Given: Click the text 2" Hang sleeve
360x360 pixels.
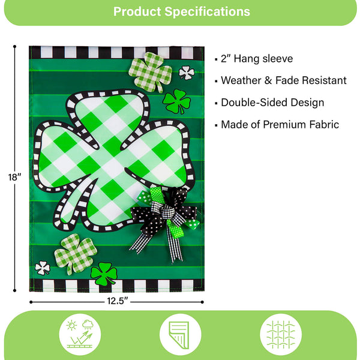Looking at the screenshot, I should [x=257, y=59].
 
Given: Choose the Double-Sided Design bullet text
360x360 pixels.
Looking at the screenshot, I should [x=272, y=103].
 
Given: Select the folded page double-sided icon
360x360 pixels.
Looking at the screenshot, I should [x=179, y=334].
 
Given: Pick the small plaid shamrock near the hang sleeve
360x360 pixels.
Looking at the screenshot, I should [x=146, y=71].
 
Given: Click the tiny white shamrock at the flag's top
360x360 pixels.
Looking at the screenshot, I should [x=186, y=73].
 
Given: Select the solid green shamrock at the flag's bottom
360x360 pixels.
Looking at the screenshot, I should [x=104, y=274].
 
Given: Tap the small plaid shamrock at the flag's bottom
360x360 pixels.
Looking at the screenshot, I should [x=75, y=253].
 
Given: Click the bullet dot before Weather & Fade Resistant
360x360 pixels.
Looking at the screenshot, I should [x=216, y=80].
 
